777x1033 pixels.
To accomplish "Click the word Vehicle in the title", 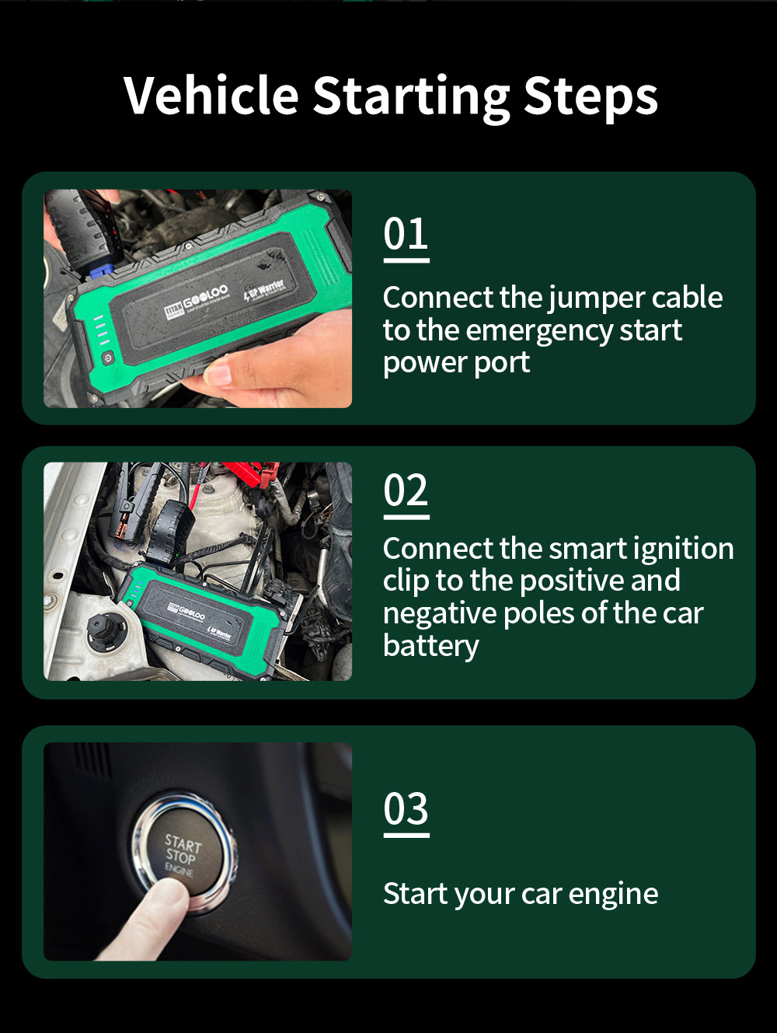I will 211,96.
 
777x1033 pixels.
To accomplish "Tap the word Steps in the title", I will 591,98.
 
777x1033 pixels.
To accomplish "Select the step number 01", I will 406,235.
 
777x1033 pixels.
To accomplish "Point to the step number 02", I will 406,491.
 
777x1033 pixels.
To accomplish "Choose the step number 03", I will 406,810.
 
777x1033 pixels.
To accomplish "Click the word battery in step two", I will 430,647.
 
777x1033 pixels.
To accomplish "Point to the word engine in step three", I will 613,895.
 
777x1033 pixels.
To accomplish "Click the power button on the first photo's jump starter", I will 107,357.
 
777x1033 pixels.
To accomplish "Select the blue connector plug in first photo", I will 102,270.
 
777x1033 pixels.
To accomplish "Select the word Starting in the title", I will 411,98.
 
